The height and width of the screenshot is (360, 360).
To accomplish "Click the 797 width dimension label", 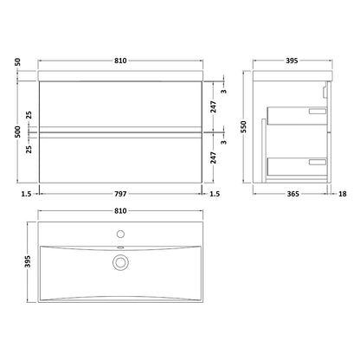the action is pyautogui.click(x=120, y=194).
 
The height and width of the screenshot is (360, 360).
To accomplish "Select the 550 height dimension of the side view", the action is pyautogui.click(x=244, y=126).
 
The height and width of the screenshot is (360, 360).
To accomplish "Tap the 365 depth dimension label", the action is pyautogui.click(x=293, y=194).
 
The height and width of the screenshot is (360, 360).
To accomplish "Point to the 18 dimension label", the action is pyautogui.click(x=343, y=194).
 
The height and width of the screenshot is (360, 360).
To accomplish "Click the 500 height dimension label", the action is pyautogui.click(x=18, y=132).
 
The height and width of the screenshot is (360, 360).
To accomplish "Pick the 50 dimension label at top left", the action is pyautogui.click(x=18, y=61).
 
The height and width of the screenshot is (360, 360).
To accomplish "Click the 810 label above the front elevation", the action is pyautogui.click(x=120, y=61).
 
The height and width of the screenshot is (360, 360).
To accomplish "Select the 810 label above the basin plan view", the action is pyautogui.click(x=120, y=211).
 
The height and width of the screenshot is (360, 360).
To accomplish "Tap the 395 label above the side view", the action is pyautogui.click(x=292, y=61).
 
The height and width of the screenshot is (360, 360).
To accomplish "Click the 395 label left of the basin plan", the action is pyautogui.click(x=28, y=261).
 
